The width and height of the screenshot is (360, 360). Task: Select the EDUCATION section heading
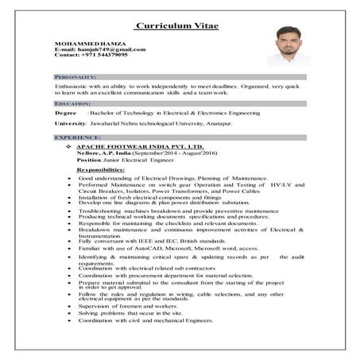pyautogui.click(x=72, y=104)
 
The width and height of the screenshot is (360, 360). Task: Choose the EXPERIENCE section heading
pyautogui.click(x=77, y=137)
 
